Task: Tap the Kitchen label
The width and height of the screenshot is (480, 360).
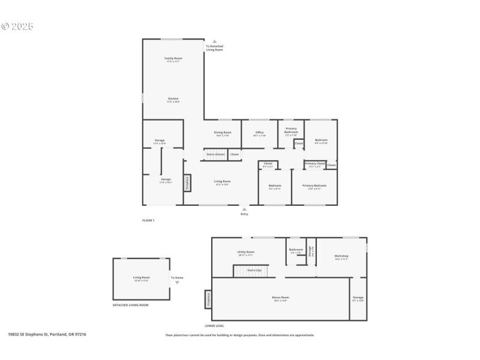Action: point(173,100)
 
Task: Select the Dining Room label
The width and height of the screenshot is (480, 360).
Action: point(223,133)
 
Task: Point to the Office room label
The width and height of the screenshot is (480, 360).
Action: point(259,133)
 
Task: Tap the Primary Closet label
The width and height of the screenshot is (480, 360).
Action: point(314,164)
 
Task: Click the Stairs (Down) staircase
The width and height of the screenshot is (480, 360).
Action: point(215,154)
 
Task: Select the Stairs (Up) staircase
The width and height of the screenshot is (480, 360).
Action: point(250,271)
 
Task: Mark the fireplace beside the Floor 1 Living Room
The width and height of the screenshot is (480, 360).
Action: point(187,183)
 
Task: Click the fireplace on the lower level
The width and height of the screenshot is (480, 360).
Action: point(208,299)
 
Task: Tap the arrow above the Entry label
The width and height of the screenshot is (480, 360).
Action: point(244,209)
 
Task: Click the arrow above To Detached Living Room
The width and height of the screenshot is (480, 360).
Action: point(214,41)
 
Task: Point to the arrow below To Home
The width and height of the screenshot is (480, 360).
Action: point(177,282)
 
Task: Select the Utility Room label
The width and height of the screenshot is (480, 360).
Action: point(245,253)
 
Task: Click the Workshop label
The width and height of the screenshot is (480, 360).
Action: point(341,257)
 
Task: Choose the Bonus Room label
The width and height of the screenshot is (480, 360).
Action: point(281,298)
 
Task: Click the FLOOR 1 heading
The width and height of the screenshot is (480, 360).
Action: point(148,221)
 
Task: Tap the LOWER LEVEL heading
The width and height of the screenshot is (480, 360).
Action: point(214,326)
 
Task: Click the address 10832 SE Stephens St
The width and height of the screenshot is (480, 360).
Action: point(47,334)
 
